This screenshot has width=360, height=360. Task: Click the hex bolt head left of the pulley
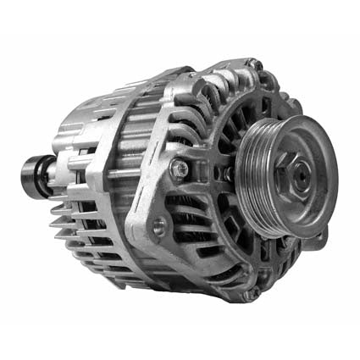[180, 170]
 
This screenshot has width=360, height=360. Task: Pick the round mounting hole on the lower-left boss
[158, 225]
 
